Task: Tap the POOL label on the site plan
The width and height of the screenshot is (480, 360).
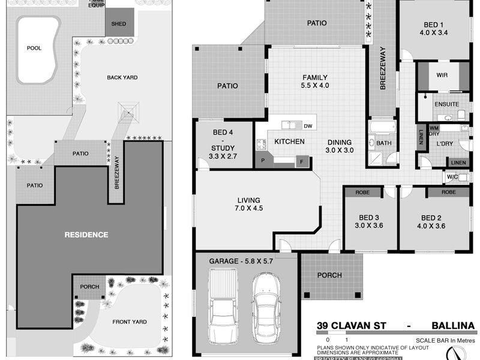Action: coord(34,48)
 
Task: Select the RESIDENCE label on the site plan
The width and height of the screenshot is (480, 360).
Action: coord(86,235)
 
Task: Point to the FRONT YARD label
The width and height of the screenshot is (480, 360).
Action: coord(130,322)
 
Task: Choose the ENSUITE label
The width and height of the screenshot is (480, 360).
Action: coord(446,104)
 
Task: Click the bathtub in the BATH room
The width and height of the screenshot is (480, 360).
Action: coord(382,128)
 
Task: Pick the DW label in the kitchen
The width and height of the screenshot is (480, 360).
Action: coord(308,126)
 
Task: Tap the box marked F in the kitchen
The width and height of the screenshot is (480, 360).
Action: coord(302,161)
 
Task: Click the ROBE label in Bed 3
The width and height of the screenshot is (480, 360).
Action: coord(362,193)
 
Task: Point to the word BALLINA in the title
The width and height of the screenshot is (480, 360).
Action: coord(453,326)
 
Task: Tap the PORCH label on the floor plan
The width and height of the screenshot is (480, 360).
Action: coord(329,275)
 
